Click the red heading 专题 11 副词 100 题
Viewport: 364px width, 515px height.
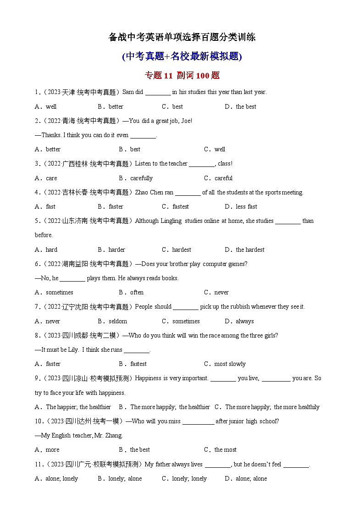[182, 76]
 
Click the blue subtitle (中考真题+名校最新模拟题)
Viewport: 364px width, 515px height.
[182, 56]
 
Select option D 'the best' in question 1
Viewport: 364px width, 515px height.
[246, 106]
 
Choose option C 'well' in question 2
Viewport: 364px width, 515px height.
[220, 149]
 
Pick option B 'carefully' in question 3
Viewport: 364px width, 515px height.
[141, 178]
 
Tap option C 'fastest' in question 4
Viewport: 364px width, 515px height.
[180, 206]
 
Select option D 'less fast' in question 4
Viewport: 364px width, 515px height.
[246, 206]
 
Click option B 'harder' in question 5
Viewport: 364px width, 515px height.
[116, 249]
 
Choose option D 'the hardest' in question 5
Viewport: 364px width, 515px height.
[250, 249]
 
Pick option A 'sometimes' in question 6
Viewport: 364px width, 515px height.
[59, 292]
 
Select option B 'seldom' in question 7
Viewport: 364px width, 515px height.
[117, 321]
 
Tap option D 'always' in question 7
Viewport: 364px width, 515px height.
[244, 321]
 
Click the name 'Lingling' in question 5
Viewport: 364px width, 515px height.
[171, 221]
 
